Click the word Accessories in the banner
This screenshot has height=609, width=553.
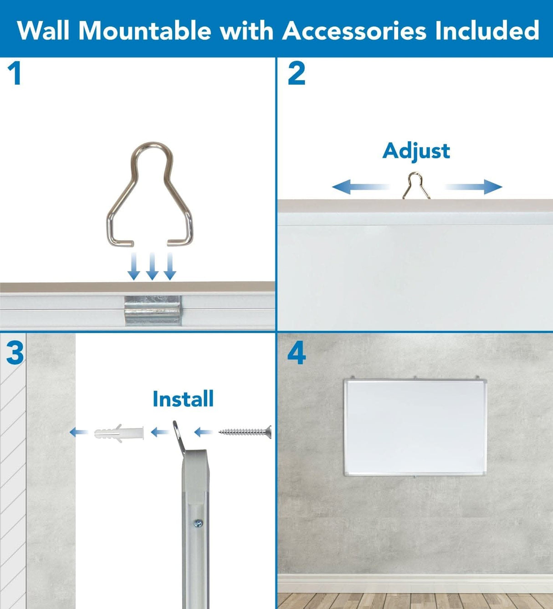pyautogui.click(x=354, y=31)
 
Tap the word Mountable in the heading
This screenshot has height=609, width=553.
pyautogui.click(x=144, y=31)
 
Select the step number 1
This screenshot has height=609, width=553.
pyautogui.click(x=15, y=74)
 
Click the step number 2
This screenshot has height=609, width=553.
pyautogui.click(x=297, y=74)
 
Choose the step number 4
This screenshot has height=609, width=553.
pyautogui.click(x=297, y=353)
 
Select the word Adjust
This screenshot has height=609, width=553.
pyautogui.click(x=416, y=151)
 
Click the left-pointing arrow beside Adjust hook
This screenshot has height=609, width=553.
pyautogui.click(x=360, y=186)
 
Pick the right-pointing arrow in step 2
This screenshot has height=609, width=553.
pyautogui.click(x=474, y=186)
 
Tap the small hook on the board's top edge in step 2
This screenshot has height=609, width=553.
pyautogui.click(x=415, y=186)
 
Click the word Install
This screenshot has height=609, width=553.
pyautogui.click(x=183, y=399)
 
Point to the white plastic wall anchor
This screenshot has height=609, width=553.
pyautogui.click(x=119, y=433)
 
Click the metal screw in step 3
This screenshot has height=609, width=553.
pyautogui.click(x=245, y=431)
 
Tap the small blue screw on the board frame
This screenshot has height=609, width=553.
pyautogui.click(x=198, y=523)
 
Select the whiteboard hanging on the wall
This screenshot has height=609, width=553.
pyautogui.click(x=415, y=427)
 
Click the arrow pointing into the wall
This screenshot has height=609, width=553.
pyautogui.click(x=79, y=432)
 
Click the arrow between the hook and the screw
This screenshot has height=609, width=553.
pyautogui.click(x=203, y=432)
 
